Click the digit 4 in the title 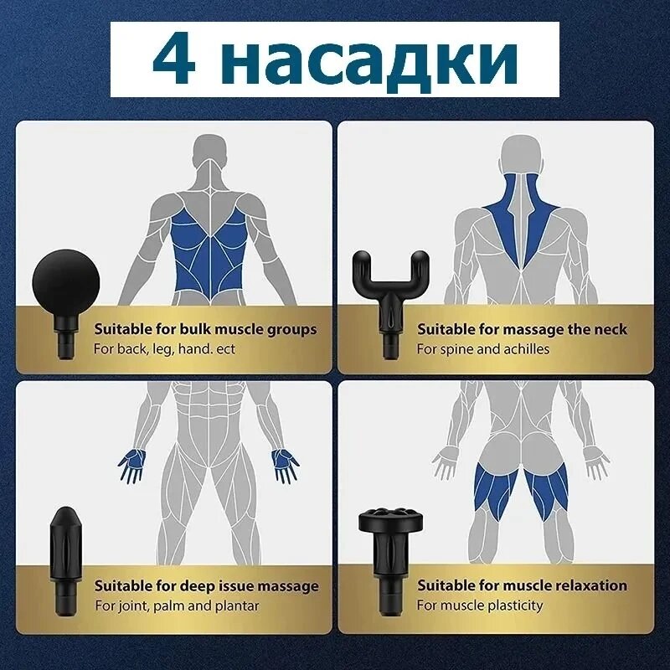pos(174,59)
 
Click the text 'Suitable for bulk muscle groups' pos(205,330)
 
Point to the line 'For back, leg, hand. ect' pos(164,349)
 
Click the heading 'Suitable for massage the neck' pos(522,329)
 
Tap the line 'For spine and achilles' pos(483,349)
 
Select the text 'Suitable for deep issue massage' pos(207,586)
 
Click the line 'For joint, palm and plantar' pos(177,606)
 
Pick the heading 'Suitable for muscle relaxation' pos(522,585)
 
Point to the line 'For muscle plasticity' pos(480,606)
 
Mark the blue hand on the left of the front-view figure pos(132,465)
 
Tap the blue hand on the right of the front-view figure pos(286,465)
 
